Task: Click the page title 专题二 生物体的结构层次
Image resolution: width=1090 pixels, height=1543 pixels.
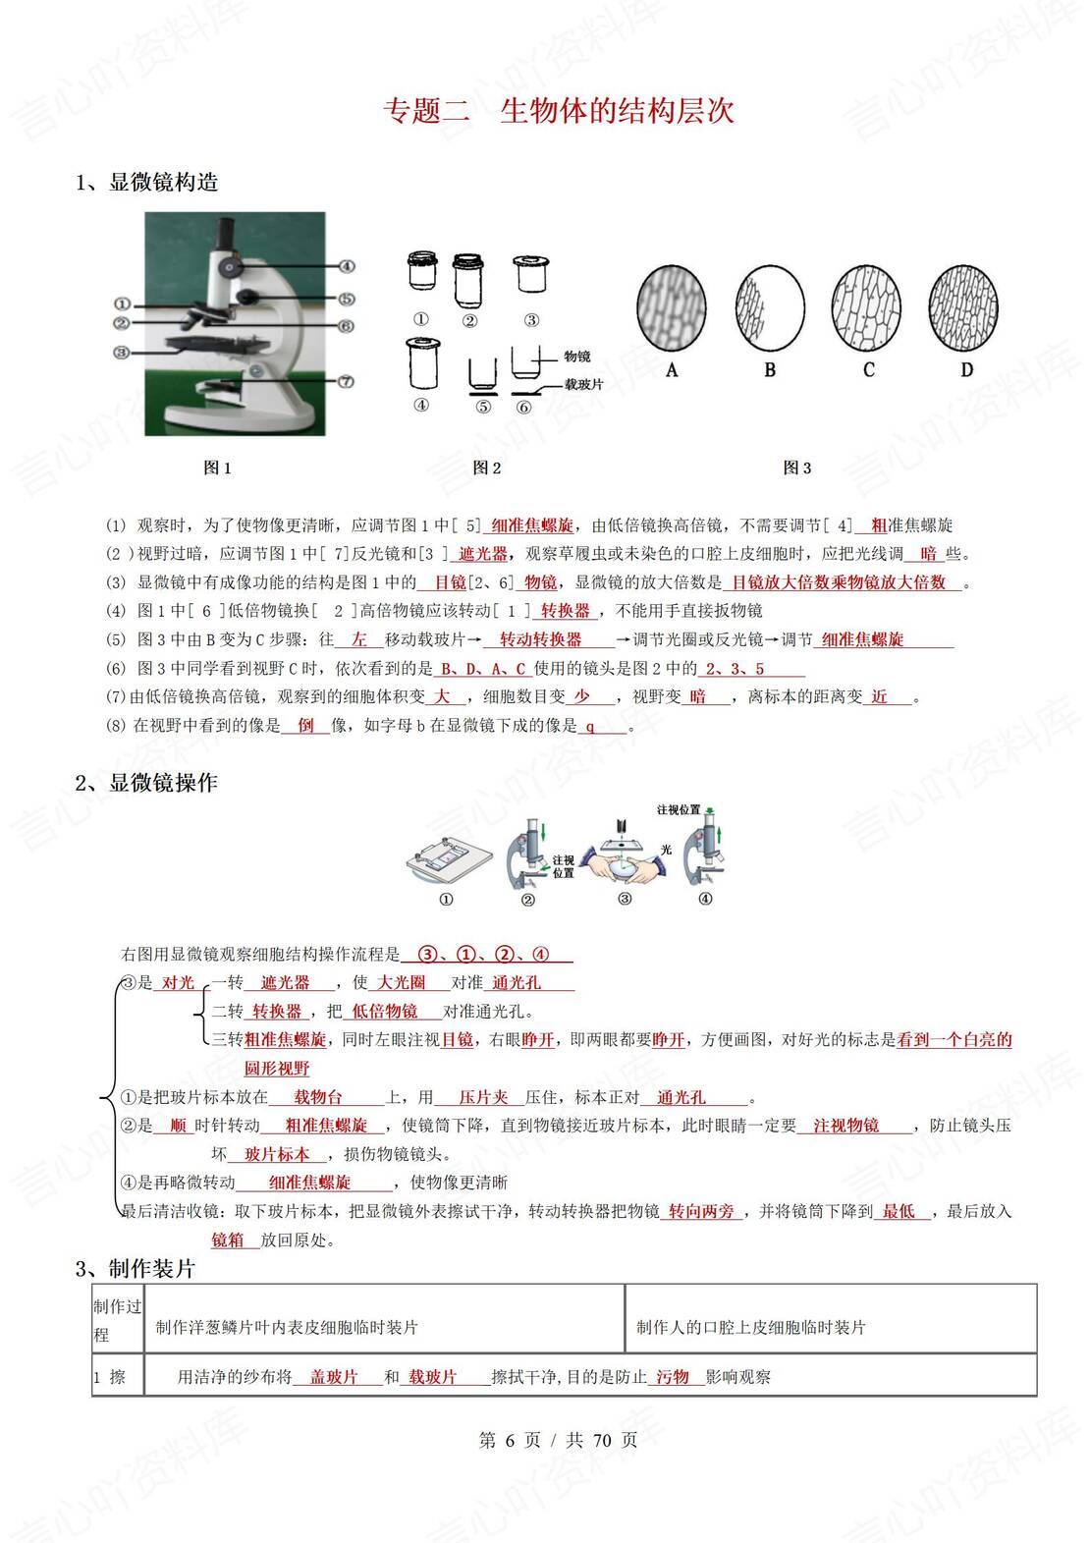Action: click(x=558, y=111)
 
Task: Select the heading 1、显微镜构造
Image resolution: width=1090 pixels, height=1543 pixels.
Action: click(x=147, y=183)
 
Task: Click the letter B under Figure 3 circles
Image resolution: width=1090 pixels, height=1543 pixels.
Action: click(x=770, y=370)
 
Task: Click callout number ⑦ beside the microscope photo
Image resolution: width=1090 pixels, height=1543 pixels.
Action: click(x=346, y=381)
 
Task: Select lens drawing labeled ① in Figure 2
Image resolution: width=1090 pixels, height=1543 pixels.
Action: click(x=422, y=272)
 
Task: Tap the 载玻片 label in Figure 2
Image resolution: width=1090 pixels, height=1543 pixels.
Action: click(x=584, y=385)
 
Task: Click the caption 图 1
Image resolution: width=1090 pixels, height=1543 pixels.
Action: click(x=217, y=468)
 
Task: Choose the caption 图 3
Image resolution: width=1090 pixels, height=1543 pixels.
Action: click(x=796, y=468)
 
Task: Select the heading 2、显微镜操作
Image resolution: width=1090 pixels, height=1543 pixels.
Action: click(x=147, y=783)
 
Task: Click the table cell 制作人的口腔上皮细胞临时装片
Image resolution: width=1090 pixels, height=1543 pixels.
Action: click(x=751, y=1328)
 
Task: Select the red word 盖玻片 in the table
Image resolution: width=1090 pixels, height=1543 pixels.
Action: click(x=334, y=1378)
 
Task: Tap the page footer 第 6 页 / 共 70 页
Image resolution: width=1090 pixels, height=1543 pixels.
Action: click(x=558, y=1441)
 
